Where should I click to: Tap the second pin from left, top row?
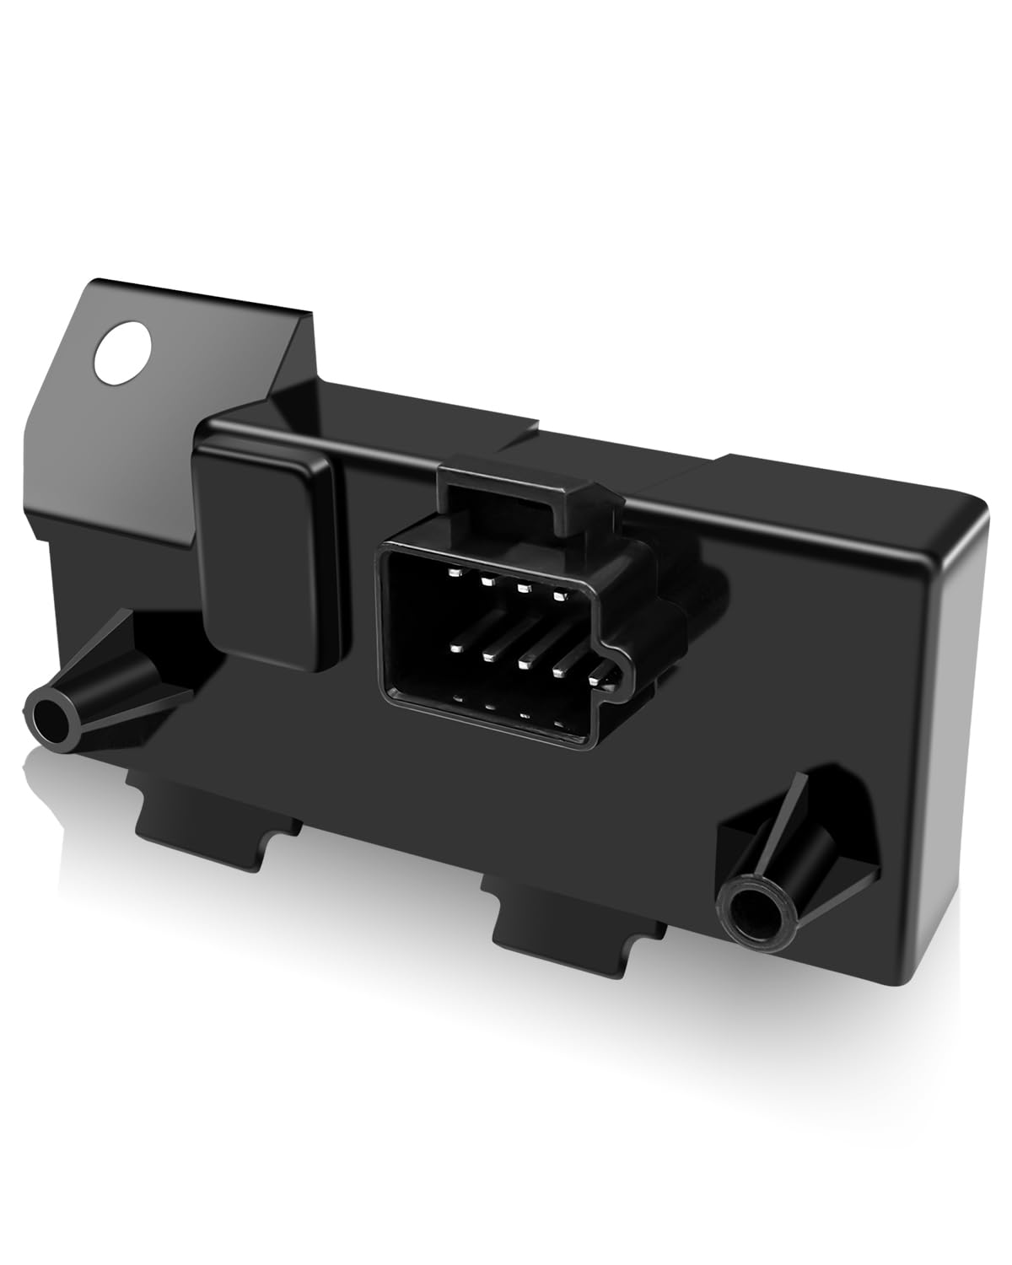(487, 580)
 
